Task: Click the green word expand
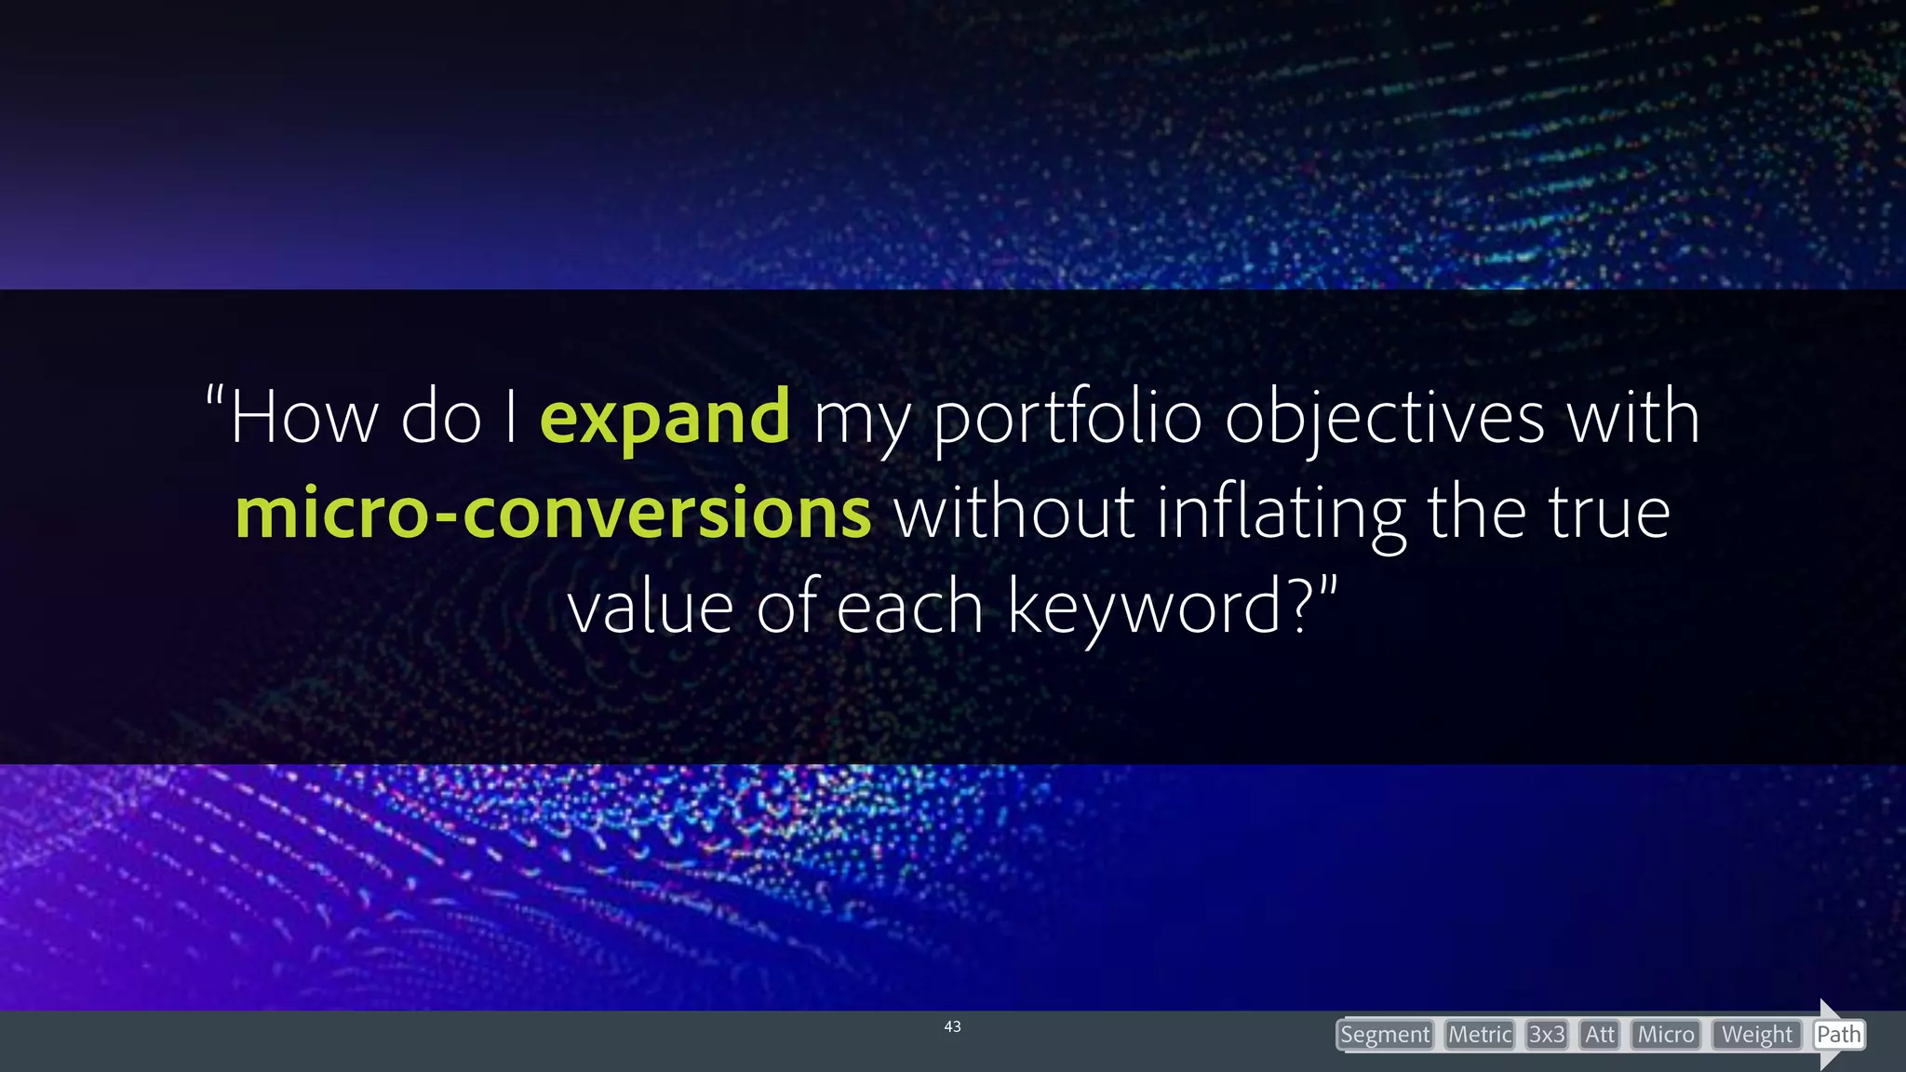coord(664,418)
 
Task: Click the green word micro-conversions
coord(553,513)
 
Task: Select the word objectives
coord(1385,418)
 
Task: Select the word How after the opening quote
coord(303,418)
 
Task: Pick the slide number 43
coord(952,1026)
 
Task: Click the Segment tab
coord(1384,1035)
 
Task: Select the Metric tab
coord(1479,1035)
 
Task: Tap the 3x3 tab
coord(1547,1035)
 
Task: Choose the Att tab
coord(1599,1035)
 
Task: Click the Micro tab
coord(1666,1035)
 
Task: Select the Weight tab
coord(1756,1035)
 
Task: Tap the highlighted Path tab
coord(1838,1035)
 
